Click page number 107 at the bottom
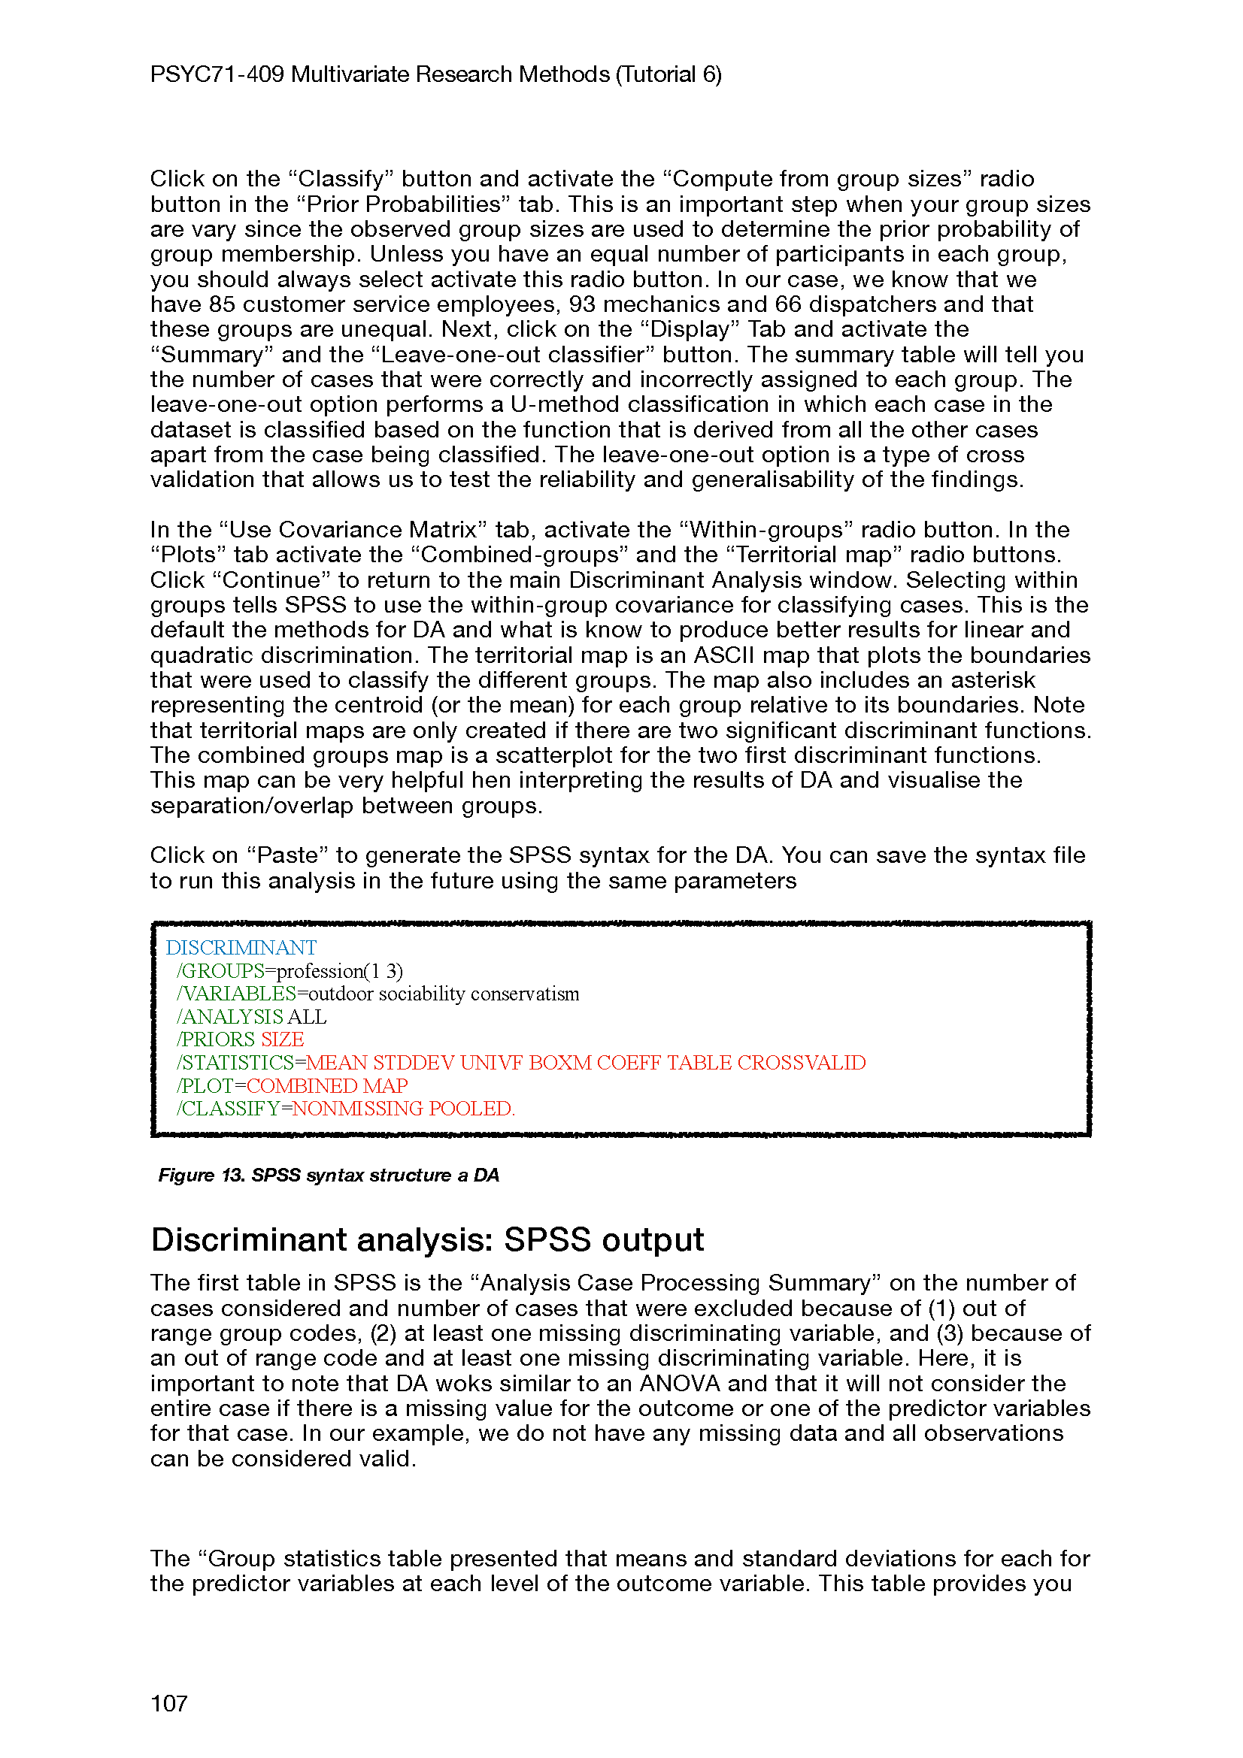click(168, 1703)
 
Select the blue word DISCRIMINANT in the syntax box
click(241, 948)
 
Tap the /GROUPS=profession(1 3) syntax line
click(289, 971)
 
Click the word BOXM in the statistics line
click(560, 1063)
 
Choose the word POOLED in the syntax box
click(471, 1109)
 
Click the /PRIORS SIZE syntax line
click(240, 1039)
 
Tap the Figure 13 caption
click(328, 1176)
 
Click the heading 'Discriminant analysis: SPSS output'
click(426, 1239)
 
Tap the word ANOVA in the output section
click(680, 1384)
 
